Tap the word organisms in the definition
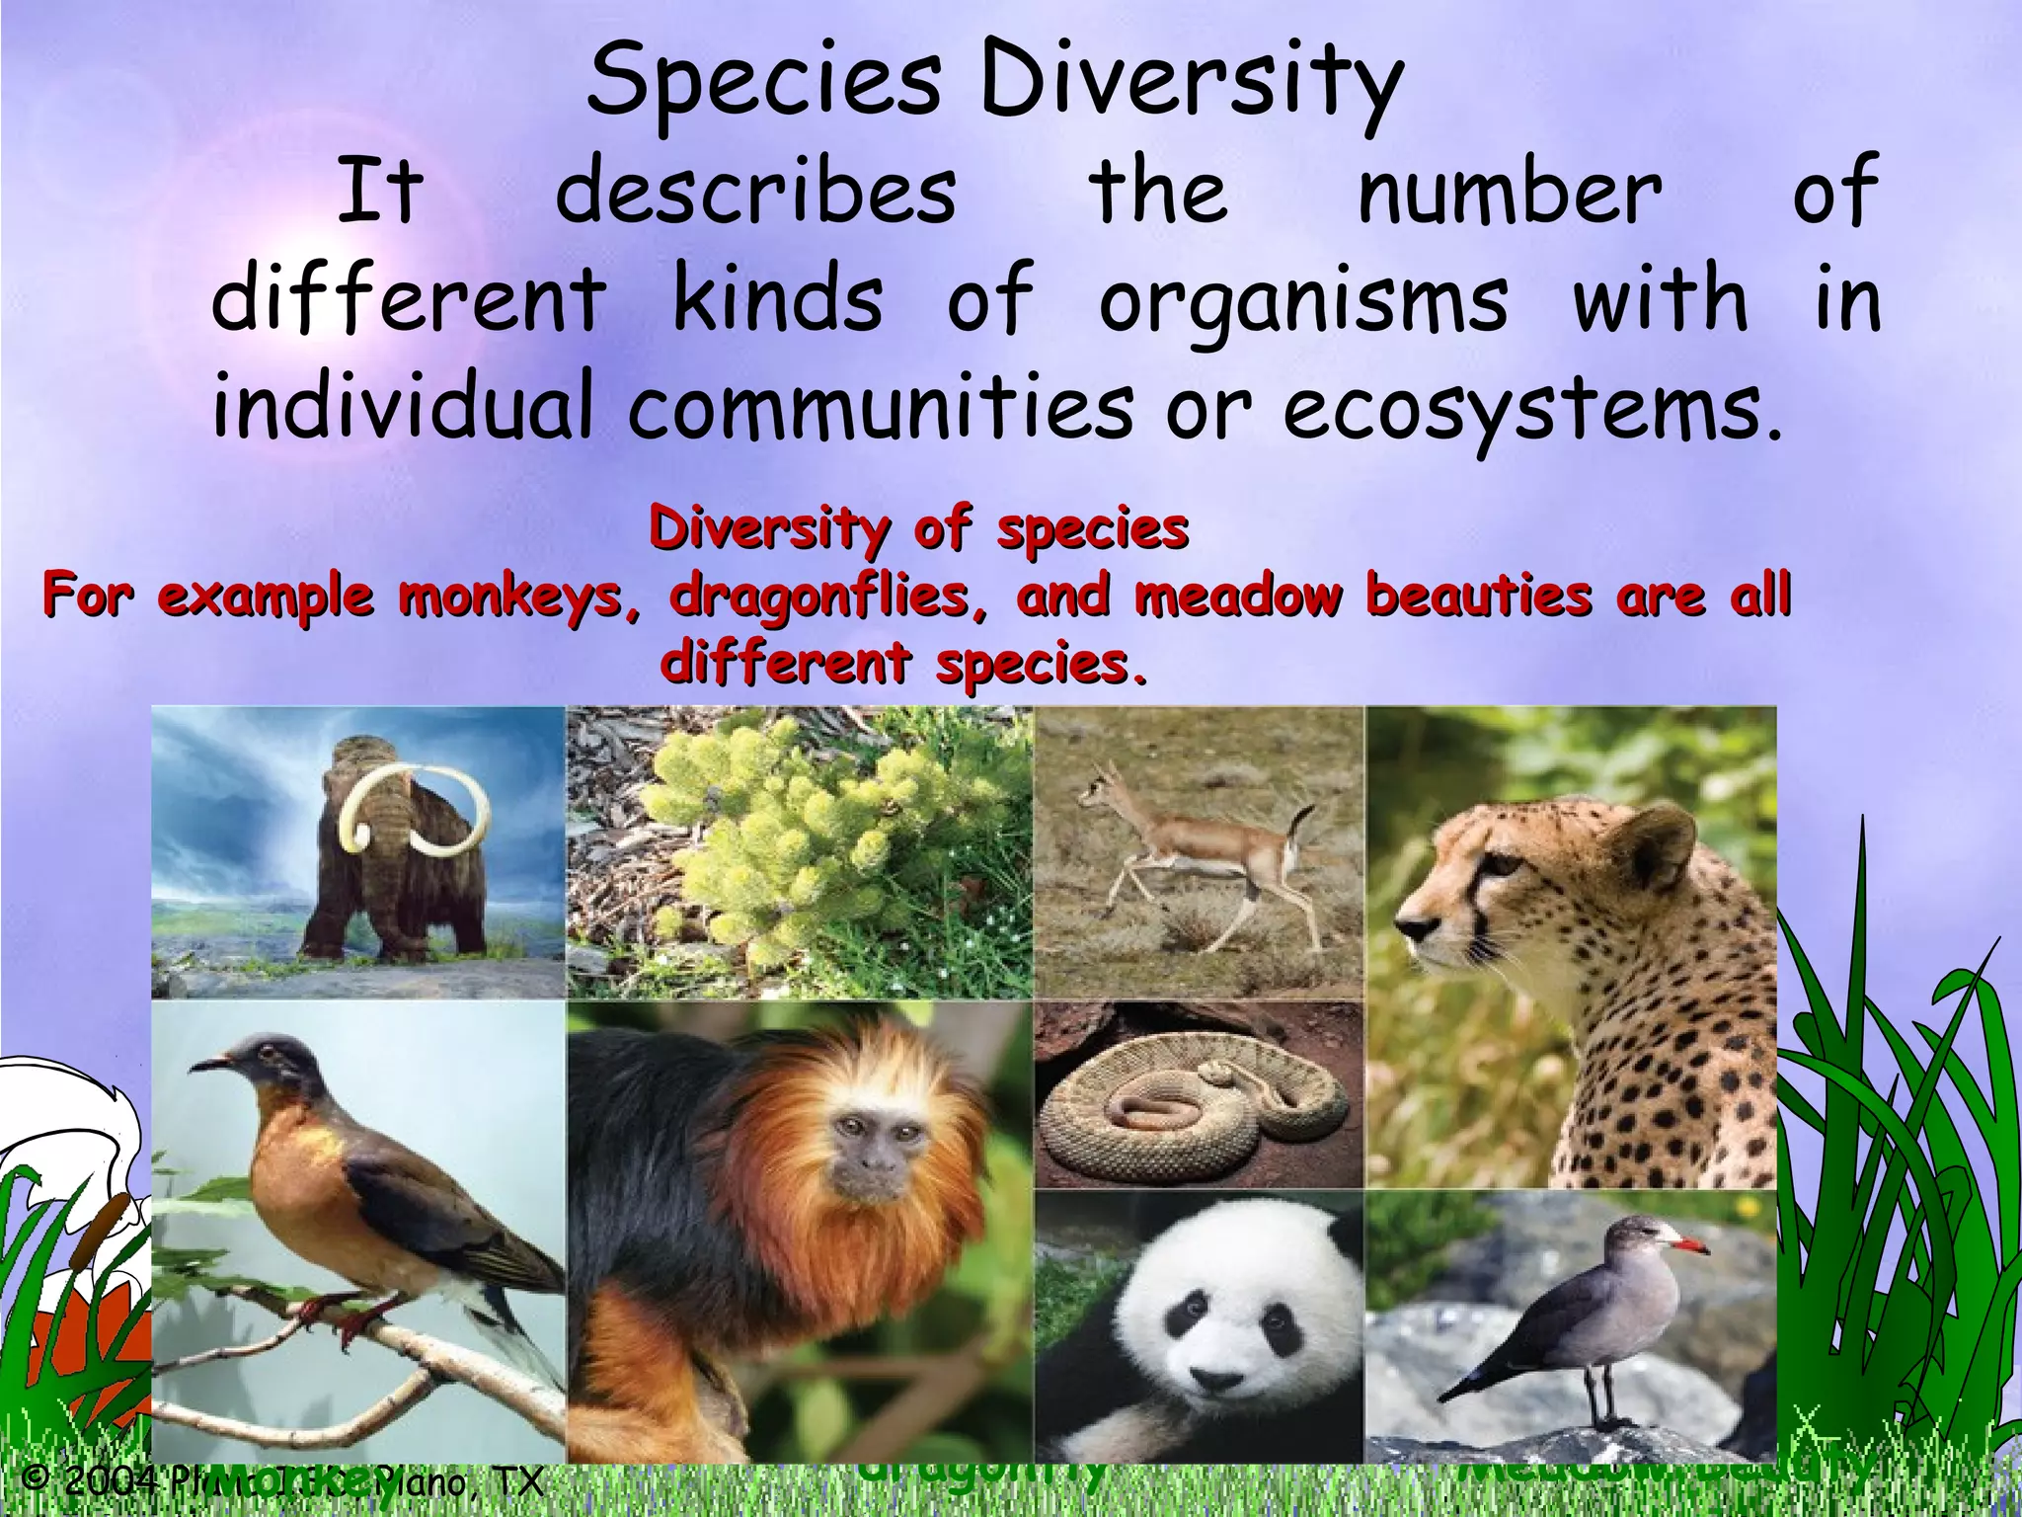click(x=1303, y=298)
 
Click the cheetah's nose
click(x=1410, y=928)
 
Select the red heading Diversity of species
click(x=918, y=529)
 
